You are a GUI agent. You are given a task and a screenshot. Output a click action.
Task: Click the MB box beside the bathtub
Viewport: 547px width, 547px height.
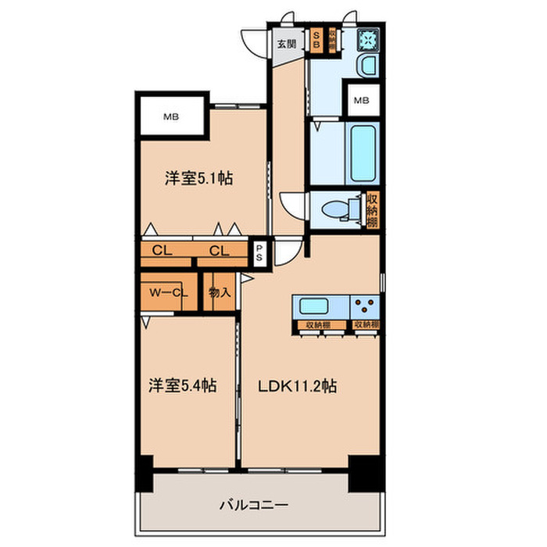click(x=362, y=100)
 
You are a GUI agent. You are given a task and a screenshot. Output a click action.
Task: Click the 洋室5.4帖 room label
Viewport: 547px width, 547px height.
click(x=183, y=385)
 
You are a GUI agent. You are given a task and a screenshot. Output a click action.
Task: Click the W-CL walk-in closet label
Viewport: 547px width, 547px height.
click(x=169, y=293)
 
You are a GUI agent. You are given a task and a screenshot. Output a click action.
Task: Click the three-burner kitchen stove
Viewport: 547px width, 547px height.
click(x=364, y=306)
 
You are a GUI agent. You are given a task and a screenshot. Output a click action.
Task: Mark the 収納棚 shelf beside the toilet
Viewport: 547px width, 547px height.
click(x=373, y=209)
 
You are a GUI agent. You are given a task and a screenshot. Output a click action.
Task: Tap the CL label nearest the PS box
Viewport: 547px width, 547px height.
click(x=218, y=252)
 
